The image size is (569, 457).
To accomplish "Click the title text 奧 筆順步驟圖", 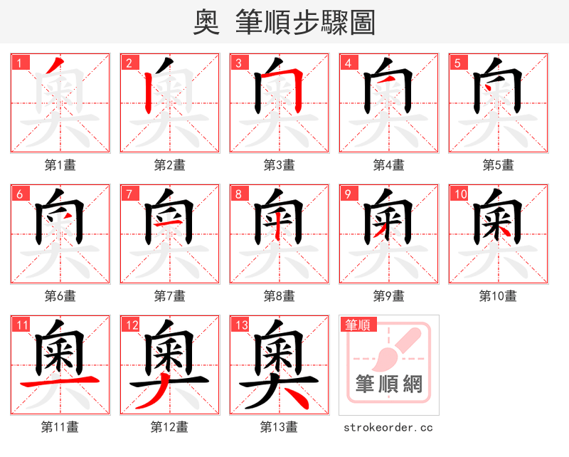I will coord(284,23).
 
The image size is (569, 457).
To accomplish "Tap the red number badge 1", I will coord(18,63).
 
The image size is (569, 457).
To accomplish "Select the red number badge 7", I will coord(128,194).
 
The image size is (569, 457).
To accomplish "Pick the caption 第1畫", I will coord(60,165).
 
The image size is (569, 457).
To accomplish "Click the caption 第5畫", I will coord(498,165).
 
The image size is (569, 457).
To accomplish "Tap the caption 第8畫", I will coord(279,296).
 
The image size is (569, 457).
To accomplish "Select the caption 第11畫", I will coord(60,427).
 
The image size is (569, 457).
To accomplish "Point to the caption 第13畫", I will coord(279,427).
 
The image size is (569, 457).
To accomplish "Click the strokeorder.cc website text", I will coord(388,428).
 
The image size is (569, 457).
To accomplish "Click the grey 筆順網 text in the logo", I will coord(389,384).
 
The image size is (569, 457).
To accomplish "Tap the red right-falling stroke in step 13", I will coord(295,399).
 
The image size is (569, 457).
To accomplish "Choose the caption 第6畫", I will coord(60,296).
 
